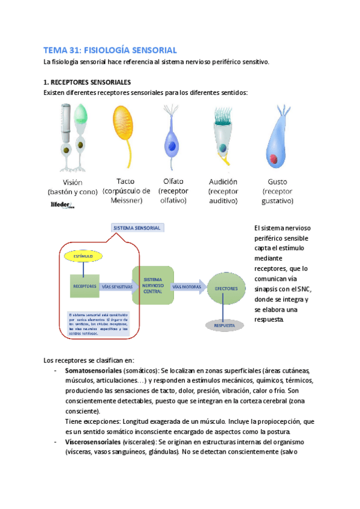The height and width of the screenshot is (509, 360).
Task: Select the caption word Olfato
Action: [x=173, y=181]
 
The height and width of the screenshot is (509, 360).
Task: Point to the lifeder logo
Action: [x=62, y=205]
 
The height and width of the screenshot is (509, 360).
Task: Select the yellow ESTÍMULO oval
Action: [x=83, y=256]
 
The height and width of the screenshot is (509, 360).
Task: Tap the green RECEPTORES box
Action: [x=85, y=286]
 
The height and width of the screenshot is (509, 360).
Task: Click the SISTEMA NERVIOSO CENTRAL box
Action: [x=153, y=286]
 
